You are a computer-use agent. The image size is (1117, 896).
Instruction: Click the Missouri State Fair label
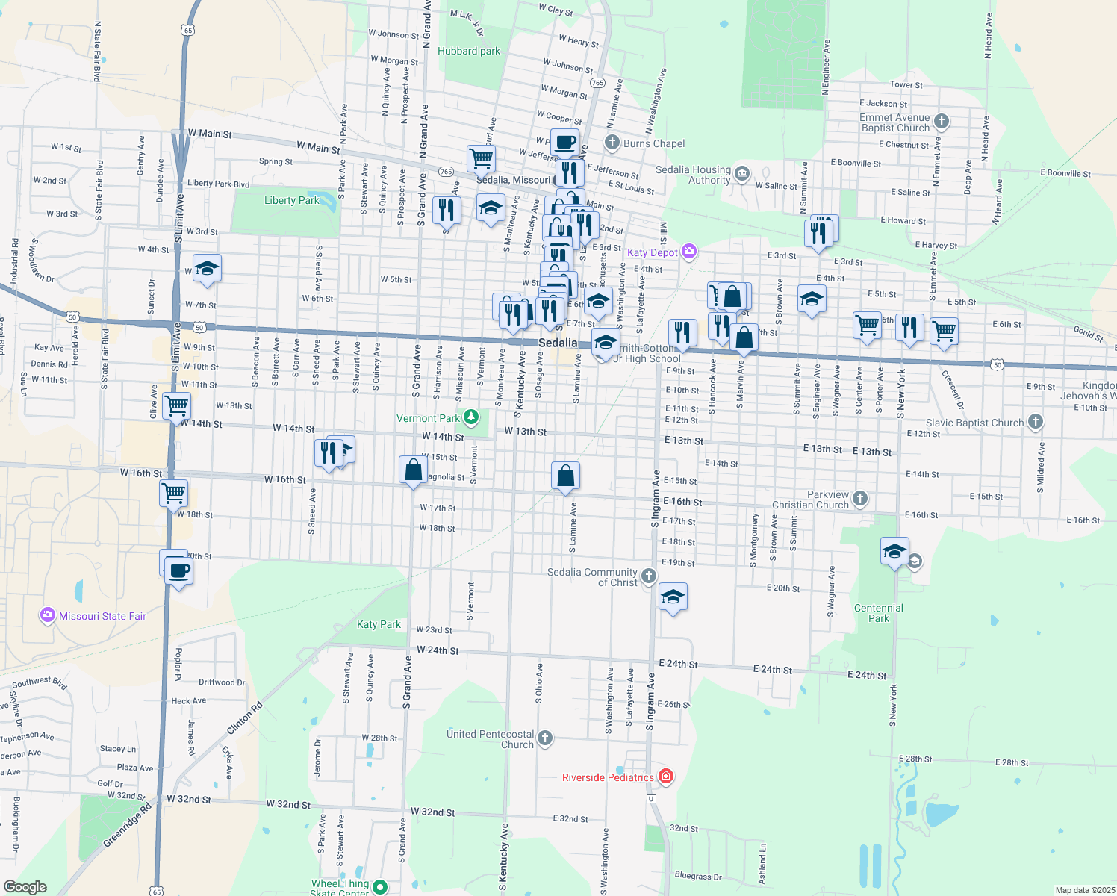coord(102,616)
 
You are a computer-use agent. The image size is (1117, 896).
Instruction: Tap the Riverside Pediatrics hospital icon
coord(665,777)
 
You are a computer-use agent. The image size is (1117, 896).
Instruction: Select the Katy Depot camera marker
coord(689,252)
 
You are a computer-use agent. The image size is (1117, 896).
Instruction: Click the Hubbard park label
coord(469,51)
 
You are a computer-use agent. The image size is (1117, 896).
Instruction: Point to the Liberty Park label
coord(292,200)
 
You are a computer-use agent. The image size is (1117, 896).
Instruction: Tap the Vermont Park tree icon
coord(470,417)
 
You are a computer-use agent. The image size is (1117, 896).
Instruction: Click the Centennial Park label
coord(879,613)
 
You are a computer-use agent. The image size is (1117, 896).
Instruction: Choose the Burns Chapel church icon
coord(612,143)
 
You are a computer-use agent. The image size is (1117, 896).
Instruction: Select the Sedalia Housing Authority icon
coord(741,174)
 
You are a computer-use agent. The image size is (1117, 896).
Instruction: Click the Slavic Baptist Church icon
coord(1035,422)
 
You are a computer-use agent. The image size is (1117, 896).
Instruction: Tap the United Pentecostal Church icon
coord(545,738)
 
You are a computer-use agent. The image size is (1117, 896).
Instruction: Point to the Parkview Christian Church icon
coord(860,498)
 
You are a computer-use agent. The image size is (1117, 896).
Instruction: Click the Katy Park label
coord(379,624)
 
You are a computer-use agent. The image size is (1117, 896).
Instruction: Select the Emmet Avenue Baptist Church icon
coord(942,121)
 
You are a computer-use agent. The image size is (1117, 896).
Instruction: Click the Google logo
coord(25,886)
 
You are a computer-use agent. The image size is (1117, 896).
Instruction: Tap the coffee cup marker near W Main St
coord(565,141)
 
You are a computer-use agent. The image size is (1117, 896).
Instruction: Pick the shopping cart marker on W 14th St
coord(176,407)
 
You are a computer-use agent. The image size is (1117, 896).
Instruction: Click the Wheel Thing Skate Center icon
coord(380,887)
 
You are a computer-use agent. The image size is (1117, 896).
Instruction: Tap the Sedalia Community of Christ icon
coord(649,576)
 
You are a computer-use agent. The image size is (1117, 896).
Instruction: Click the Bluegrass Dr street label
coord(698,876)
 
